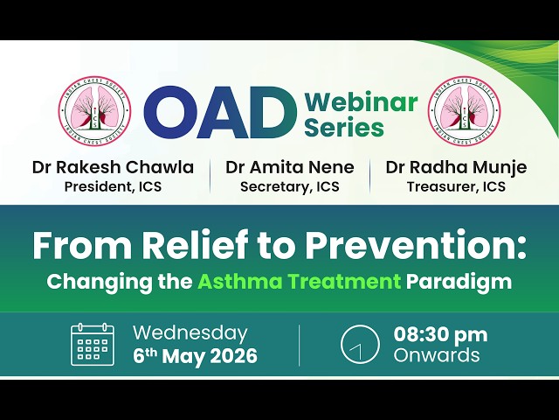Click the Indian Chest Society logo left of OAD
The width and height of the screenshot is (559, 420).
(95, 111)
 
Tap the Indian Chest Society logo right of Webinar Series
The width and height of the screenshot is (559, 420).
(465, 111)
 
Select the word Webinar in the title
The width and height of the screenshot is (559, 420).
(361, 101)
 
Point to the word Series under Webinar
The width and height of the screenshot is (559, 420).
(344, 127)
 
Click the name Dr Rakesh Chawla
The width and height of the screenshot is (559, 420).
(113, 167)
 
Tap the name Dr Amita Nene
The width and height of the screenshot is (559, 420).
(290, 167)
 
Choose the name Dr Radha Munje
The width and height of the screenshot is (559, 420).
(456, 167)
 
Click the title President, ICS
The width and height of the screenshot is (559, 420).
(113, 186)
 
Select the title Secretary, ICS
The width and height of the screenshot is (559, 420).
(290, 186)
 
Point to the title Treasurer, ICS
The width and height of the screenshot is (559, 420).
(456, 186)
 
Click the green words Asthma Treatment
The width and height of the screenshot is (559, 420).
(299, 282)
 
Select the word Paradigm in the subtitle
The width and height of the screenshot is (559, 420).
(459, 283)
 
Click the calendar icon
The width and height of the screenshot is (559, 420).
(93, 345)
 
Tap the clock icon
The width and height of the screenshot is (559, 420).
(360, 345)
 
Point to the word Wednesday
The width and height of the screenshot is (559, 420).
(190, 333)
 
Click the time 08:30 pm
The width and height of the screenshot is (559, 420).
(440, 335)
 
